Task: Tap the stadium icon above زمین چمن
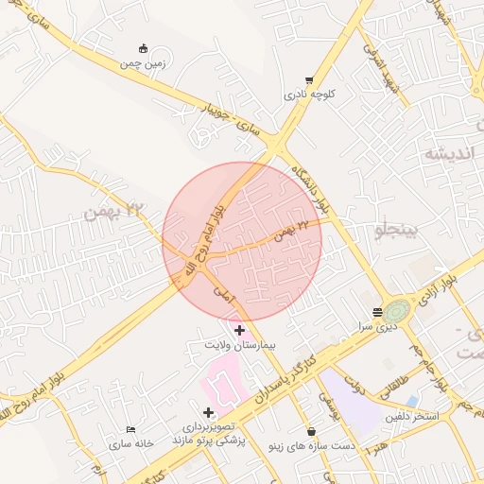(x=143, y=49)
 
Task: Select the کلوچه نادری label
(x=308, y=95)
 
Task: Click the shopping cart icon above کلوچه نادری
(x=309, y=81)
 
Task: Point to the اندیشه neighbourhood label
(x=446, y=152)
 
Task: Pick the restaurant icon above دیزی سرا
(x=377, y=312)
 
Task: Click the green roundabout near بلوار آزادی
(x=398, y=311)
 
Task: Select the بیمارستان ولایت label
(x=238, y=345)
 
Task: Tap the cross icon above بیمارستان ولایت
(x=239, y=331)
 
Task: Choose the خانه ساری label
(x=130, y=443)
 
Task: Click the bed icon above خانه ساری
(x=130, y=429)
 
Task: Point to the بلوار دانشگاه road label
(x=313, y=185)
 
